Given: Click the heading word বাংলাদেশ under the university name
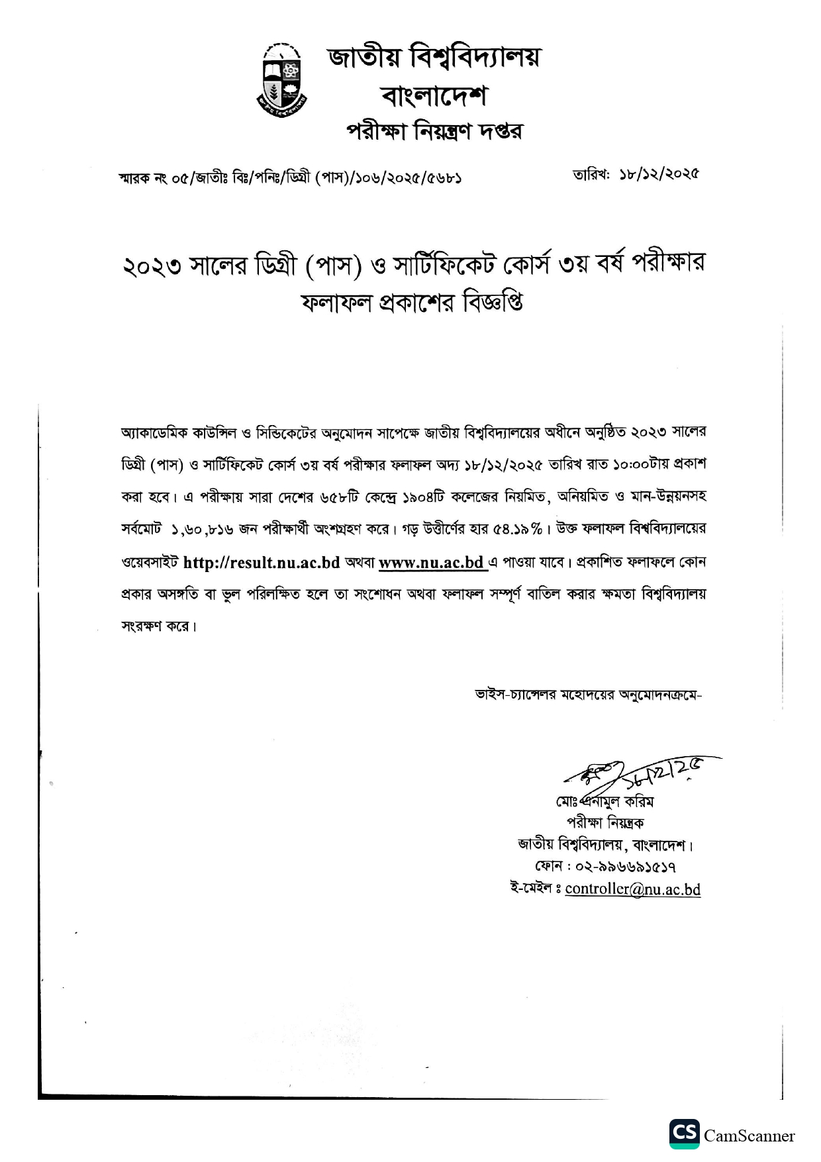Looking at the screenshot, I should [434, 97].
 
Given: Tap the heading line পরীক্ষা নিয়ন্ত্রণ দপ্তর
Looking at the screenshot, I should [434, 131].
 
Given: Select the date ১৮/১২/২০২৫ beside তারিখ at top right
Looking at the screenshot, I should [659, 174].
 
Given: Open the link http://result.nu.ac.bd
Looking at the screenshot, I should [261, 563].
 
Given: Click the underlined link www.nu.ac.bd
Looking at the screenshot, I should [431, 563].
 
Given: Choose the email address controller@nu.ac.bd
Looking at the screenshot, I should [632, 889].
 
